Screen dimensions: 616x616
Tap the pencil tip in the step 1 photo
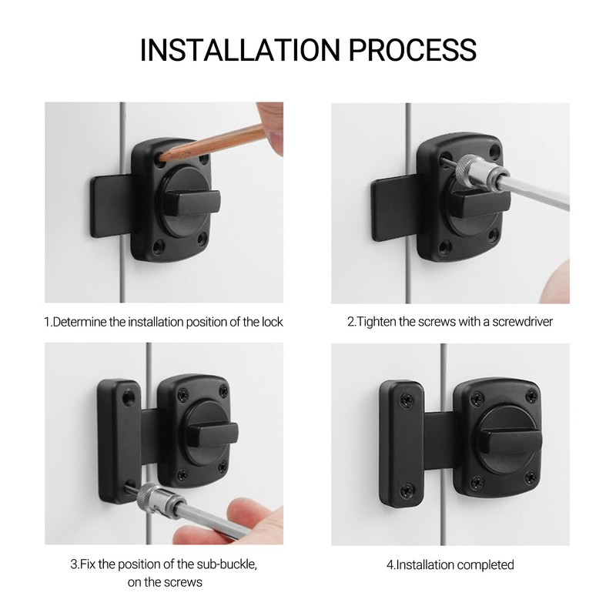pos(162,156)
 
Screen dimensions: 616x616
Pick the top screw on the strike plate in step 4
pos(403,400)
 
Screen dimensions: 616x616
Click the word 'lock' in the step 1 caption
pos(270,322)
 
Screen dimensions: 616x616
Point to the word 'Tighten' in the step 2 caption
pos(377,322)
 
